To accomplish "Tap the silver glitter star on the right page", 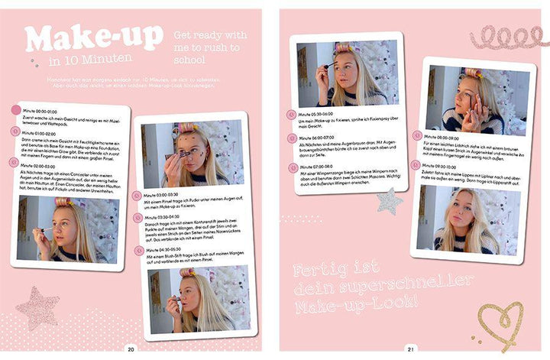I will [x=389, y=200].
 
